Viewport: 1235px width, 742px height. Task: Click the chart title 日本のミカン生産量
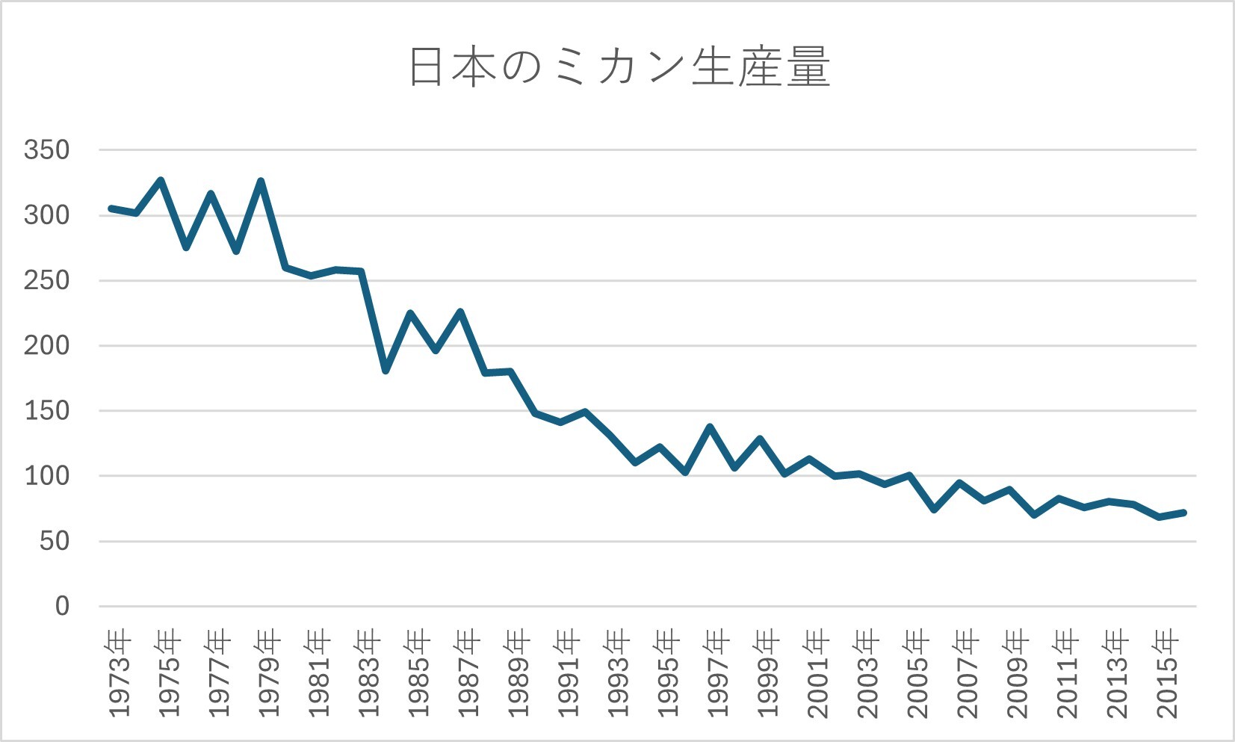619,67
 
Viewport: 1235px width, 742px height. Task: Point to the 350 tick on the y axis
46,150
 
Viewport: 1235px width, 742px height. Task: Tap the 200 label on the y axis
46,346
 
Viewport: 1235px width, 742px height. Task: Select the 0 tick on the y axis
62,606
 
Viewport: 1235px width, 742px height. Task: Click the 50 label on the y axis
55,541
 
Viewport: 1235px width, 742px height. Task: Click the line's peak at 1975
161,180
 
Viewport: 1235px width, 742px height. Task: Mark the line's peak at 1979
261,181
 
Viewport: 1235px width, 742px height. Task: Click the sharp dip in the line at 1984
386,371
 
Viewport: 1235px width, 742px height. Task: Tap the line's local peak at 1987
460,312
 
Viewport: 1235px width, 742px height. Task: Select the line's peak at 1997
710,427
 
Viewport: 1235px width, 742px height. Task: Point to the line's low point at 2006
935,510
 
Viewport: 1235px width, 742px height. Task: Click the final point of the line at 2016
1184,512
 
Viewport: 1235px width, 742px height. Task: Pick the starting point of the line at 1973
111,208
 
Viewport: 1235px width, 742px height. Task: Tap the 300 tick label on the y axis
46,215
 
